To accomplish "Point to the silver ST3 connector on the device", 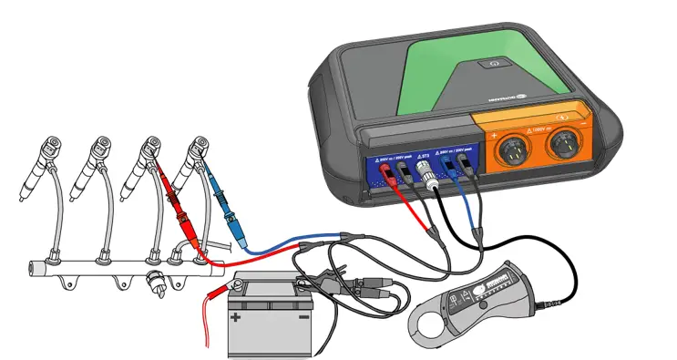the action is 423,170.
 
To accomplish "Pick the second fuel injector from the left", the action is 95,163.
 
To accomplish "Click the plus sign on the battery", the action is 235,317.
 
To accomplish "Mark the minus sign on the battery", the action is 304,318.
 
